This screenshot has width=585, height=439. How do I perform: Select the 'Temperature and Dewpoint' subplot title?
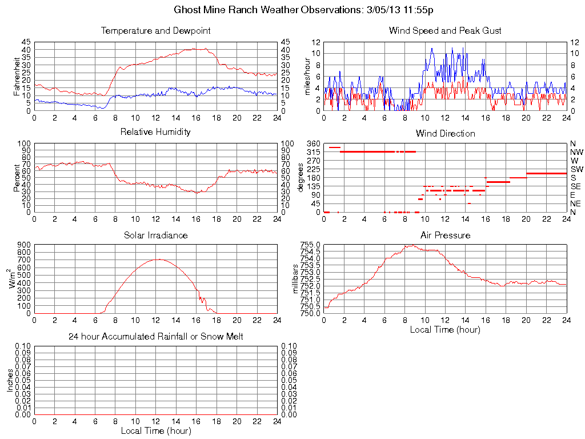pyautogui.click(x=155, y=30)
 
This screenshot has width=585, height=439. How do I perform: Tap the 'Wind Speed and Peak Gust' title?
pyautogui.click(x=445, y=30)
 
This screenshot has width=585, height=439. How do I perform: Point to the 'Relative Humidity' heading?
pyautogui.click(x=155, y=132)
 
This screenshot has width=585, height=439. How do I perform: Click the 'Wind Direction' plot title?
pyautogui.click(x=445, y=133)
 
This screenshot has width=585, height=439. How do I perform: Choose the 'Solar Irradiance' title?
pyautogui.click(x=155, y=235)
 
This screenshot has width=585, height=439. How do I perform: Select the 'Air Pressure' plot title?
pyautogui.click(x=445, y=235)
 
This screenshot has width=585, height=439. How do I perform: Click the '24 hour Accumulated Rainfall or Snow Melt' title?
pyautogui.click(x=155, y=337)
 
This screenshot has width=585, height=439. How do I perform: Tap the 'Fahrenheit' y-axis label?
pyautogui.click(x=17, y=77)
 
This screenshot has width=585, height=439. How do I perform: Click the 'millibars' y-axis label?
pyautogui.click(x=296, y=279)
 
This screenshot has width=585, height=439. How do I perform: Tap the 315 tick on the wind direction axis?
pyautogui.click(x=314, y=151)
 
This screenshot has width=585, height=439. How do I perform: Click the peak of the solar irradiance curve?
pyautogui.click(x=157, y=260)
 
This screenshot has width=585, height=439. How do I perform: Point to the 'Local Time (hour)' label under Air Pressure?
pyautogui.click(x=445, y=329)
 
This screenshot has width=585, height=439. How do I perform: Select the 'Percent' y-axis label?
pyautogui.click(x=17, y=178)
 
